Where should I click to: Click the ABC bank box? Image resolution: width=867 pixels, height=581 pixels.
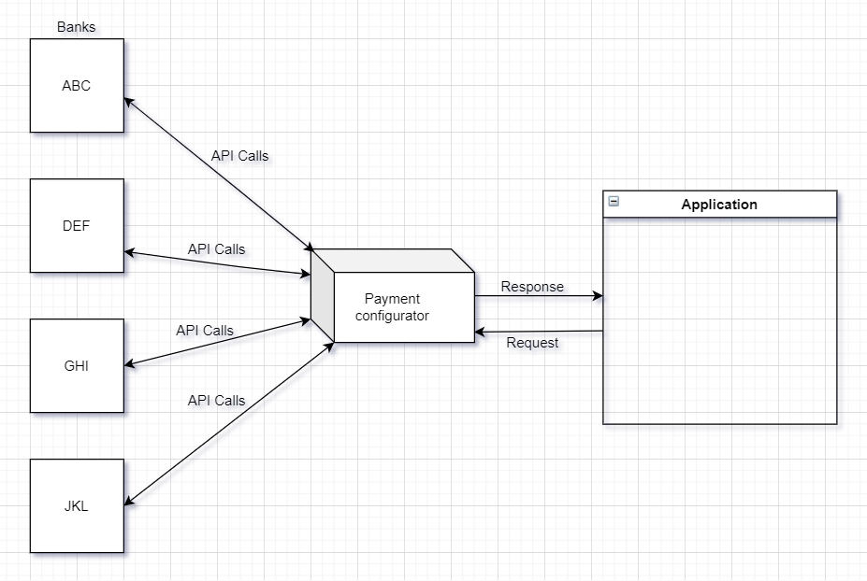(77, 85)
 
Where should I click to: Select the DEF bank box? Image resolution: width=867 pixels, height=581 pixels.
(77, 225)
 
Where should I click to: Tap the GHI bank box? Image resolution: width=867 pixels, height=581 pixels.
(77, 365)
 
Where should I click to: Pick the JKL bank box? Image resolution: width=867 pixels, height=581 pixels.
(77, 505)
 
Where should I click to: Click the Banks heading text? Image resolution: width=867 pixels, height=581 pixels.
(77, 27)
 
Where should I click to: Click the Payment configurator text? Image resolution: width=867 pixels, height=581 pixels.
(393, 307)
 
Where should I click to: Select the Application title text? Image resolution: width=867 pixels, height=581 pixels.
(719, 205)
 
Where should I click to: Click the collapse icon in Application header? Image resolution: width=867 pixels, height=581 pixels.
(614, 202)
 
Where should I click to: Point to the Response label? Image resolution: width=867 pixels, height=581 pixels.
(532, 287)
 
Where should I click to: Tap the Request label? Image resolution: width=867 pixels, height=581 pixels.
(532, 343)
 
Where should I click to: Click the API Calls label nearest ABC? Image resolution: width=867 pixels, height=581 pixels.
(239, 156)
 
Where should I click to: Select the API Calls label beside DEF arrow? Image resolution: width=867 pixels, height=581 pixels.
(216, 249)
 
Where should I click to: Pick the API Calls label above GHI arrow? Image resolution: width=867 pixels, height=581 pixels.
(205, 331)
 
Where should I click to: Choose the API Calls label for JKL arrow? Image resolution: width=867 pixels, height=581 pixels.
(216, 401)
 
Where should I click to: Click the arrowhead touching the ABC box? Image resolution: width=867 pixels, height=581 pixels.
(129, 100)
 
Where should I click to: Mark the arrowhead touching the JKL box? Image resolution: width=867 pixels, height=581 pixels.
(129, 503)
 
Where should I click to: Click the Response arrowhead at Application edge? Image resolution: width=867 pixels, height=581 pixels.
(598, 297)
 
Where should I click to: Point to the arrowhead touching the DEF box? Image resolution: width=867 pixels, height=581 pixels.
(129, 252)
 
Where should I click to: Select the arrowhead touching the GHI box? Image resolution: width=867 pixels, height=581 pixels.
(129, 363)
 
